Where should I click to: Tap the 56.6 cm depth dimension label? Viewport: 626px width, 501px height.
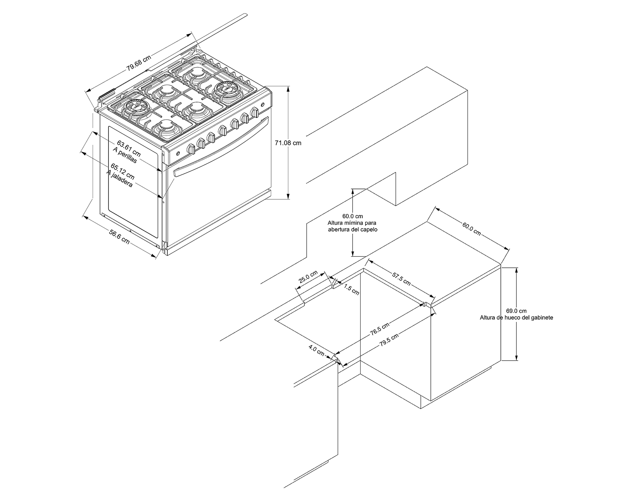click(119, 237)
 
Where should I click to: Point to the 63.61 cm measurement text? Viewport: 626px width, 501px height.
click(129, 148)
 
